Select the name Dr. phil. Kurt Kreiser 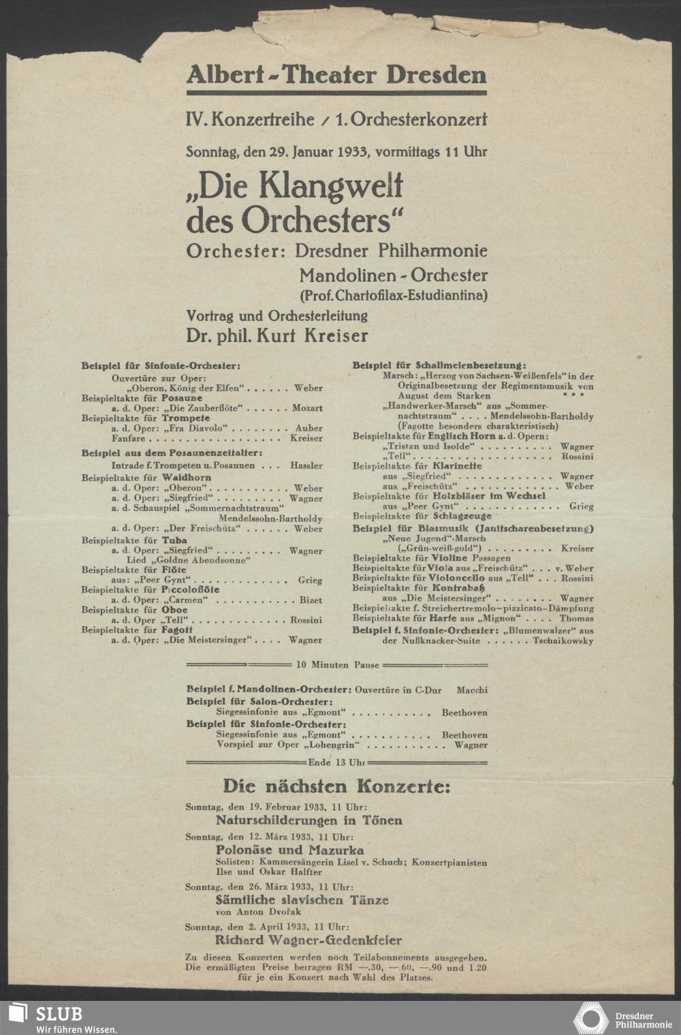[277, 336]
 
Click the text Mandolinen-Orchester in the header [393, 276]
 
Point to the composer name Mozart [307, 408]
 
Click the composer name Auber [310, 429]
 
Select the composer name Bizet [311, 600]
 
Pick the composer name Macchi [472, 690]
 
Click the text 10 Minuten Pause [336, 664]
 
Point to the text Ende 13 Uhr [336, 762]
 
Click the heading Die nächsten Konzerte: [336, 787]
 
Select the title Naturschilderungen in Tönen [308, 820]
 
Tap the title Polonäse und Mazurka [289, 850]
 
